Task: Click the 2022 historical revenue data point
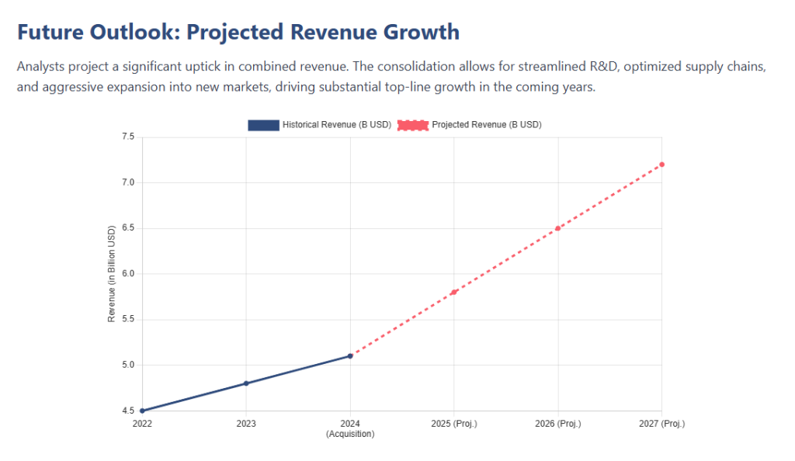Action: [x=142, y=411]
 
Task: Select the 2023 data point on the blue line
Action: [x=246, y=383]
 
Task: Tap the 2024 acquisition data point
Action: [x=350, y=356]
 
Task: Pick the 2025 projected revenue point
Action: [x=454, y=292]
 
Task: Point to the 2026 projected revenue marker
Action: [x=557, y=228]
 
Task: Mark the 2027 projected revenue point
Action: [x=661, y=165]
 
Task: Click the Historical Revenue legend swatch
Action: [x=263, y=125]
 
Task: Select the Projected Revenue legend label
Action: [x=486, y=125]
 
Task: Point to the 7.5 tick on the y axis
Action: [x=128, y=137]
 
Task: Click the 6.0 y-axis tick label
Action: [x=128, y=274]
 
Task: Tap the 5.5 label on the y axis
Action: [x=128, y=320]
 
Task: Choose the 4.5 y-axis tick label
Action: [x=128, y=411]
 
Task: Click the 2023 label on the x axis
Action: [x=246, y=424]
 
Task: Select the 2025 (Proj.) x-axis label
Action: [x=454, y=424]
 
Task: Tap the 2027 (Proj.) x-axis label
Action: [x=661, y=424]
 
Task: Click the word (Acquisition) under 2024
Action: [x=350, y=434]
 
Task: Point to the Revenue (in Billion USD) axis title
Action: [x=112, y=274]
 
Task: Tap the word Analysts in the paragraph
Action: [x=40, y=68]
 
